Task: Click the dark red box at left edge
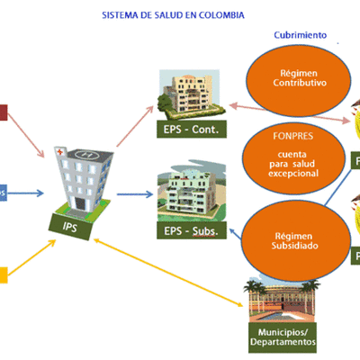click(x=4, y=112)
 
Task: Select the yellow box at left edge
click(x=4, y=274)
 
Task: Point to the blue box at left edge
click(x=4, y=193)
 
